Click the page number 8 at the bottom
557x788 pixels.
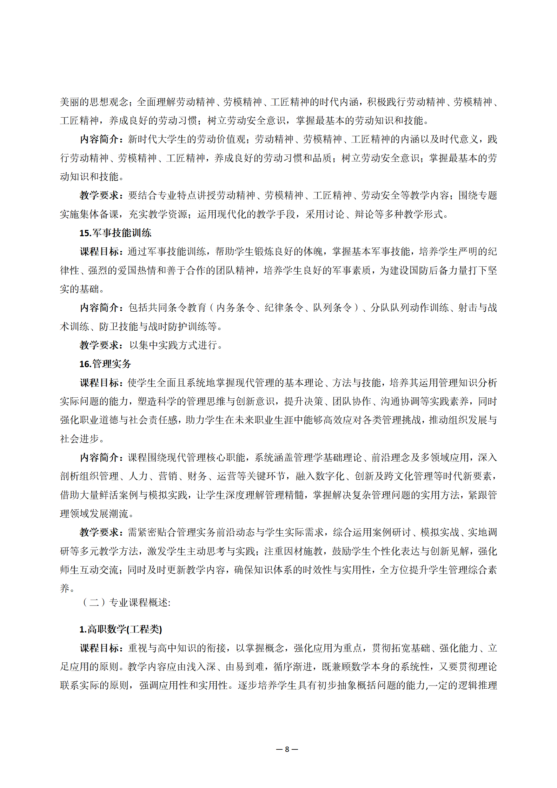coord(287,749)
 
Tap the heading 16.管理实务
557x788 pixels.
coord(105,364)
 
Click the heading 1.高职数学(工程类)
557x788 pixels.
coord(120,629)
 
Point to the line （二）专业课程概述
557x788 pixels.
coord(126,603)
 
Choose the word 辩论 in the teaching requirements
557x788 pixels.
coord(364,214)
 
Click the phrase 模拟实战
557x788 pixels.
coord(440,532)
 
